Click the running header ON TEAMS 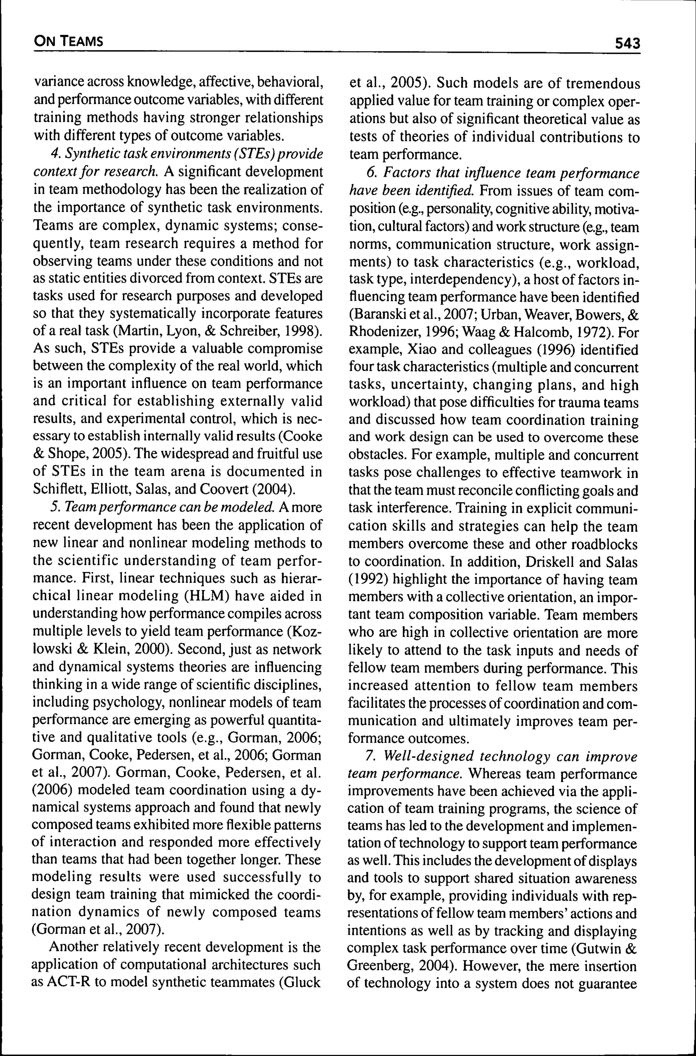68,42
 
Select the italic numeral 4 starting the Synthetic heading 55,154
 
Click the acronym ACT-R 68,982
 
